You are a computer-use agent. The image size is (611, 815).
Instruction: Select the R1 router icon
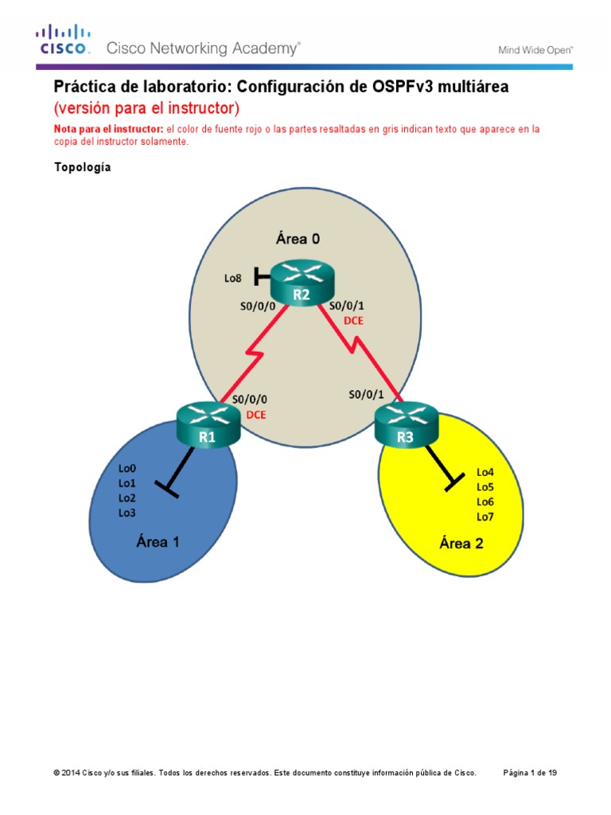pos(208,424)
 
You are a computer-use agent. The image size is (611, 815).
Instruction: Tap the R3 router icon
pos(406,425)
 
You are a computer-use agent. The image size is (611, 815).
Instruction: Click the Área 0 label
pos(298,237)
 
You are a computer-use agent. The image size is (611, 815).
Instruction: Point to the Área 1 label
pos(158,542)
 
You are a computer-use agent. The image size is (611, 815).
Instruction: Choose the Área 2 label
pos(461,544)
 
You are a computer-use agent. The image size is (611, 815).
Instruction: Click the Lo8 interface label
pos(232,279)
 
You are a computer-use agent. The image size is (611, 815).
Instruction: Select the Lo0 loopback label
pos(126,470)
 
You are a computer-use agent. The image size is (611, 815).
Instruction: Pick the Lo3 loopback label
pos(126,513)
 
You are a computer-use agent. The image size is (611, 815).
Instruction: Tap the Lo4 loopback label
pos(485,471)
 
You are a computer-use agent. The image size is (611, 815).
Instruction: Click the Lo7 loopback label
pos(485,517)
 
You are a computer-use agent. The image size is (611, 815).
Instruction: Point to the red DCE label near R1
pos(256,415)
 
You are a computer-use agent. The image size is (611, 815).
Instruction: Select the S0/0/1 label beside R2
pos(347,305)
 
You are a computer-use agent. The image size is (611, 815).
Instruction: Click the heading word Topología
pos(83,167)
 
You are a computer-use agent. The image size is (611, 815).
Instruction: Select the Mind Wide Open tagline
pos(535,49)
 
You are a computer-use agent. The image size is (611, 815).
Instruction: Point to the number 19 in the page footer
pos(551,773)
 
